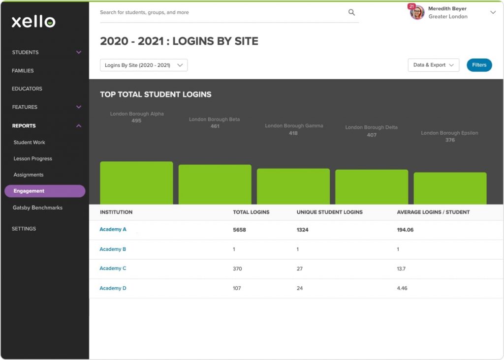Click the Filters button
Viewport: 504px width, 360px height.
(479, 65)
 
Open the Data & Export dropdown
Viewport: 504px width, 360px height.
(433, 65)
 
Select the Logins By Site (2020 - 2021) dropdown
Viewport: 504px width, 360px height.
(144, 65)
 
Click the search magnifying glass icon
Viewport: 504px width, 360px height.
(351, 12)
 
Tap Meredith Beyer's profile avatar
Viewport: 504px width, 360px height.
(417, 12)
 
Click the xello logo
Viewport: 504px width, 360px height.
(33, 21)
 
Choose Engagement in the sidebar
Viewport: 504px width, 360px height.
(44, 191)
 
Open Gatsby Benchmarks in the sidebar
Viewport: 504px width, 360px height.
(37, 208)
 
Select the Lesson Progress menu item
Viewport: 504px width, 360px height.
(32, 159)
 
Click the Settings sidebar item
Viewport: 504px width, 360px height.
(24, 229)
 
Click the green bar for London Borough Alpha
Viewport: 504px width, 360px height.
(136, 182)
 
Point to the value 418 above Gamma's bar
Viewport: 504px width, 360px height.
(293, 133)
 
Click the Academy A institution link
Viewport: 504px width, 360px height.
(113, 230)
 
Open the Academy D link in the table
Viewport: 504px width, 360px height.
(113, 288)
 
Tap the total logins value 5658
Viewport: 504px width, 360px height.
(239, 230)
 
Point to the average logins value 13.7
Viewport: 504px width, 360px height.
(401, 269)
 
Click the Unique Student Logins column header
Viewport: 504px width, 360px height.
(329, 212)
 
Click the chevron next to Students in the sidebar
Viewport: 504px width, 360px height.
(79, 52)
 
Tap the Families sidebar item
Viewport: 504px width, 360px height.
(23, 71)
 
